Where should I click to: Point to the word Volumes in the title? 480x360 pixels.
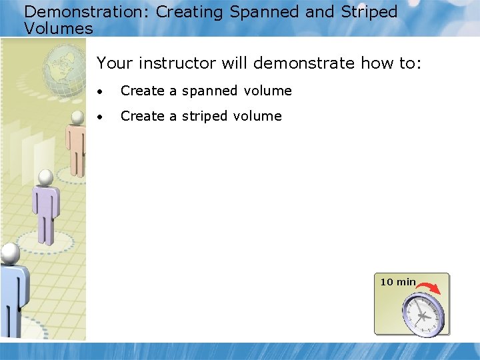tap(59, 29)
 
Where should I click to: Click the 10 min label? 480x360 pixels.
tap(397, 282)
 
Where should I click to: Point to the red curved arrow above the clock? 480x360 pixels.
tap(429, 288)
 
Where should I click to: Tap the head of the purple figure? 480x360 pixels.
tap(45, 178)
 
